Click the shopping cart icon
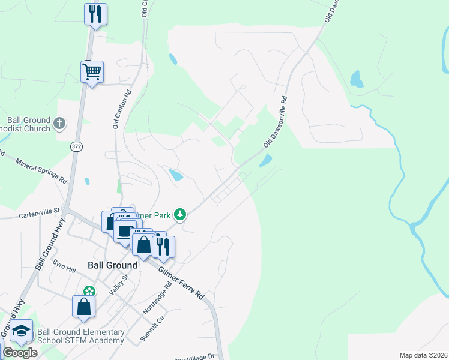pyautogui.click(x=92, y=71)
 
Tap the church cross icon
pyautogui.click(x=59, y=124)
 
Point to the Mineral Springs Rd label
pyautogui.click(x=41, y=170)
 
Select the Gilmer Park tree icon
pyautogui.click(x=179, y=214)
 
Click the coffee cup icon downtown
pyautogui.click(x=125, y=230)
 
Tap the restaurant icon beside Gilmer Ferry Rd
pyautogui.click(x=163, y=245)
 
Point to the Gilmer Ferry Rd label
pyautogui.click(x=181, y=283)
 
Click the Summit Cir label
pyautogui.click(x=152, y=329)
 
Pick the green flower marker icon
pyautogui.click(x=89, y=291)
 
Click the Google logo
pyautogui.click(x=20, y=353)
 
